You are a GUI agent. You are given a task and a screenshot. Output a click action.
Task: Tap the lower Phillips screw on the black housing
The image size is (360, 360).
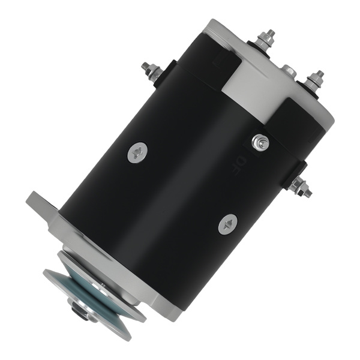pyautogui.click(x=228, y=225)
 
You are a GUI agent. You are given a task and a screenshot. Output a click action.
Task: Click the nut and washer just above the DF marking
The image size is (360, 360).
pyautogui.click(x=260, y=142)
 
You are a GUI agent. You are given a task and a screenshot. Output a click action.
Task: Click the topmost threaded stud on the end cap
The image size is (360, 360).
pyautogui.click(x=266, y=38)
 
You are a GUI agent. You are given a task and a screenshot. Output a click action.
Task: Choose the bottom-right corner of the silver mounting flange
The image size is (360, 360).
pyautogui.click(x=174, y=312)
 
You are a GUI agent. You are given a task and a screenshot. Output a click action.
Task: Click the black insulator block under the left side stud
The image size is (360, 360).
pyautogui.click(x=163, y=74)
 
